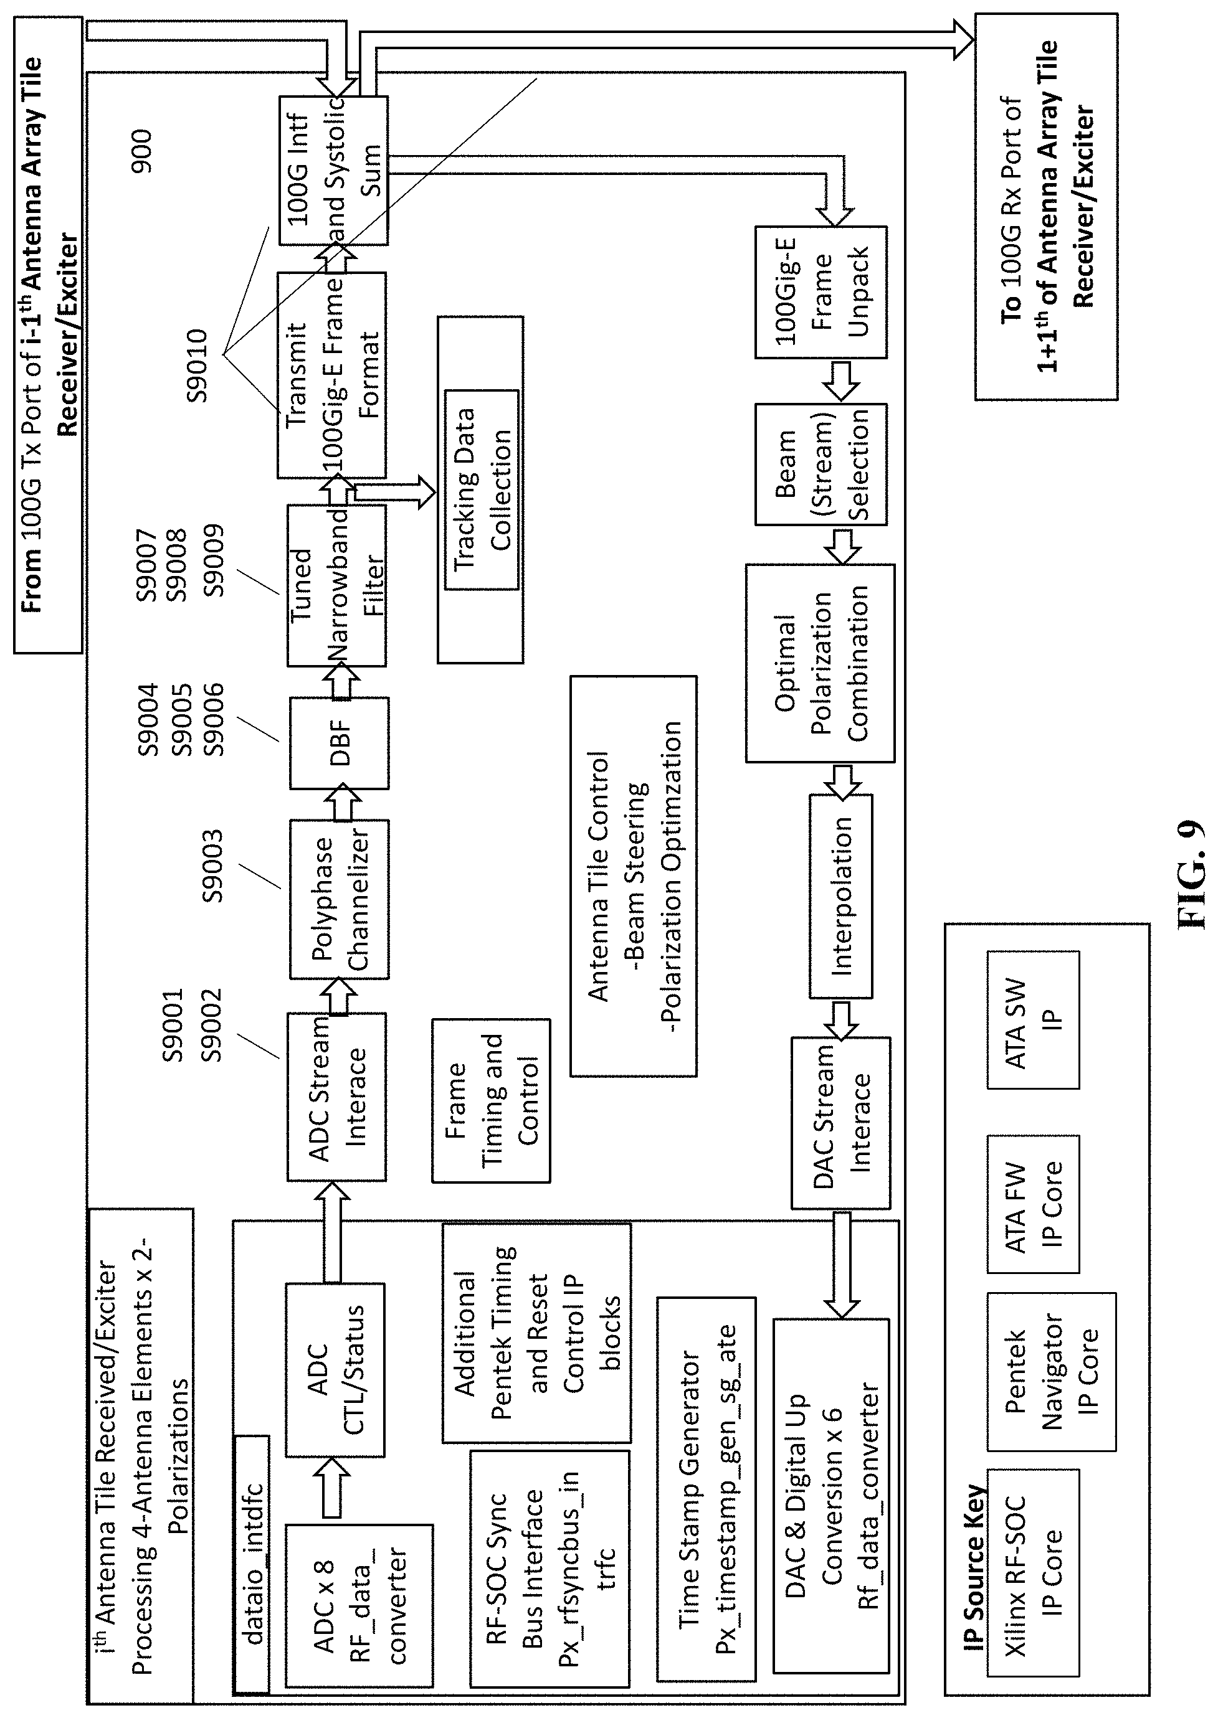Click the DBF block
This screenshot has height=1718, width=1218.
(339, 742)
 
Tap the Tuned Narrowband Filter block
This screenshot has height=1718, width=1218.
(337, 585)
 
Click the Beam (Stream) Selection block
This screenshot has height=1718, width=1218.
(821, 464)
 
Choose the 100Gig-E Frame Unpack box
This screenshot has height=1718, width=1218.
(821, 291)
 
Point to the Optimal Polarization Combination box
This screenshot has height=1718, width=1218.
(820, 663)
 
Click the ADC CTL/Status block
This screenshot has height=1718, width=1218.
(335, 1369)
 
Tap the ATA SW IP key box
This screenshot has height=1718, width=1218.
(1033, 1019)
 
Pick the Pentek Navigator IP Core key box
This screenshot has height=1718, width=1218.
(1051, 1372)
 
